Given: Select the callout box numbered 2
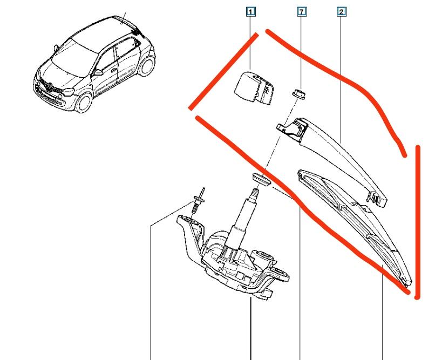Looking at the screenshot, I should click(x=341, y=11).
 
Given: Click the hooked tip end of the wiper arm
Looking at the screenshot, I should click(x=380, y=199).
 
